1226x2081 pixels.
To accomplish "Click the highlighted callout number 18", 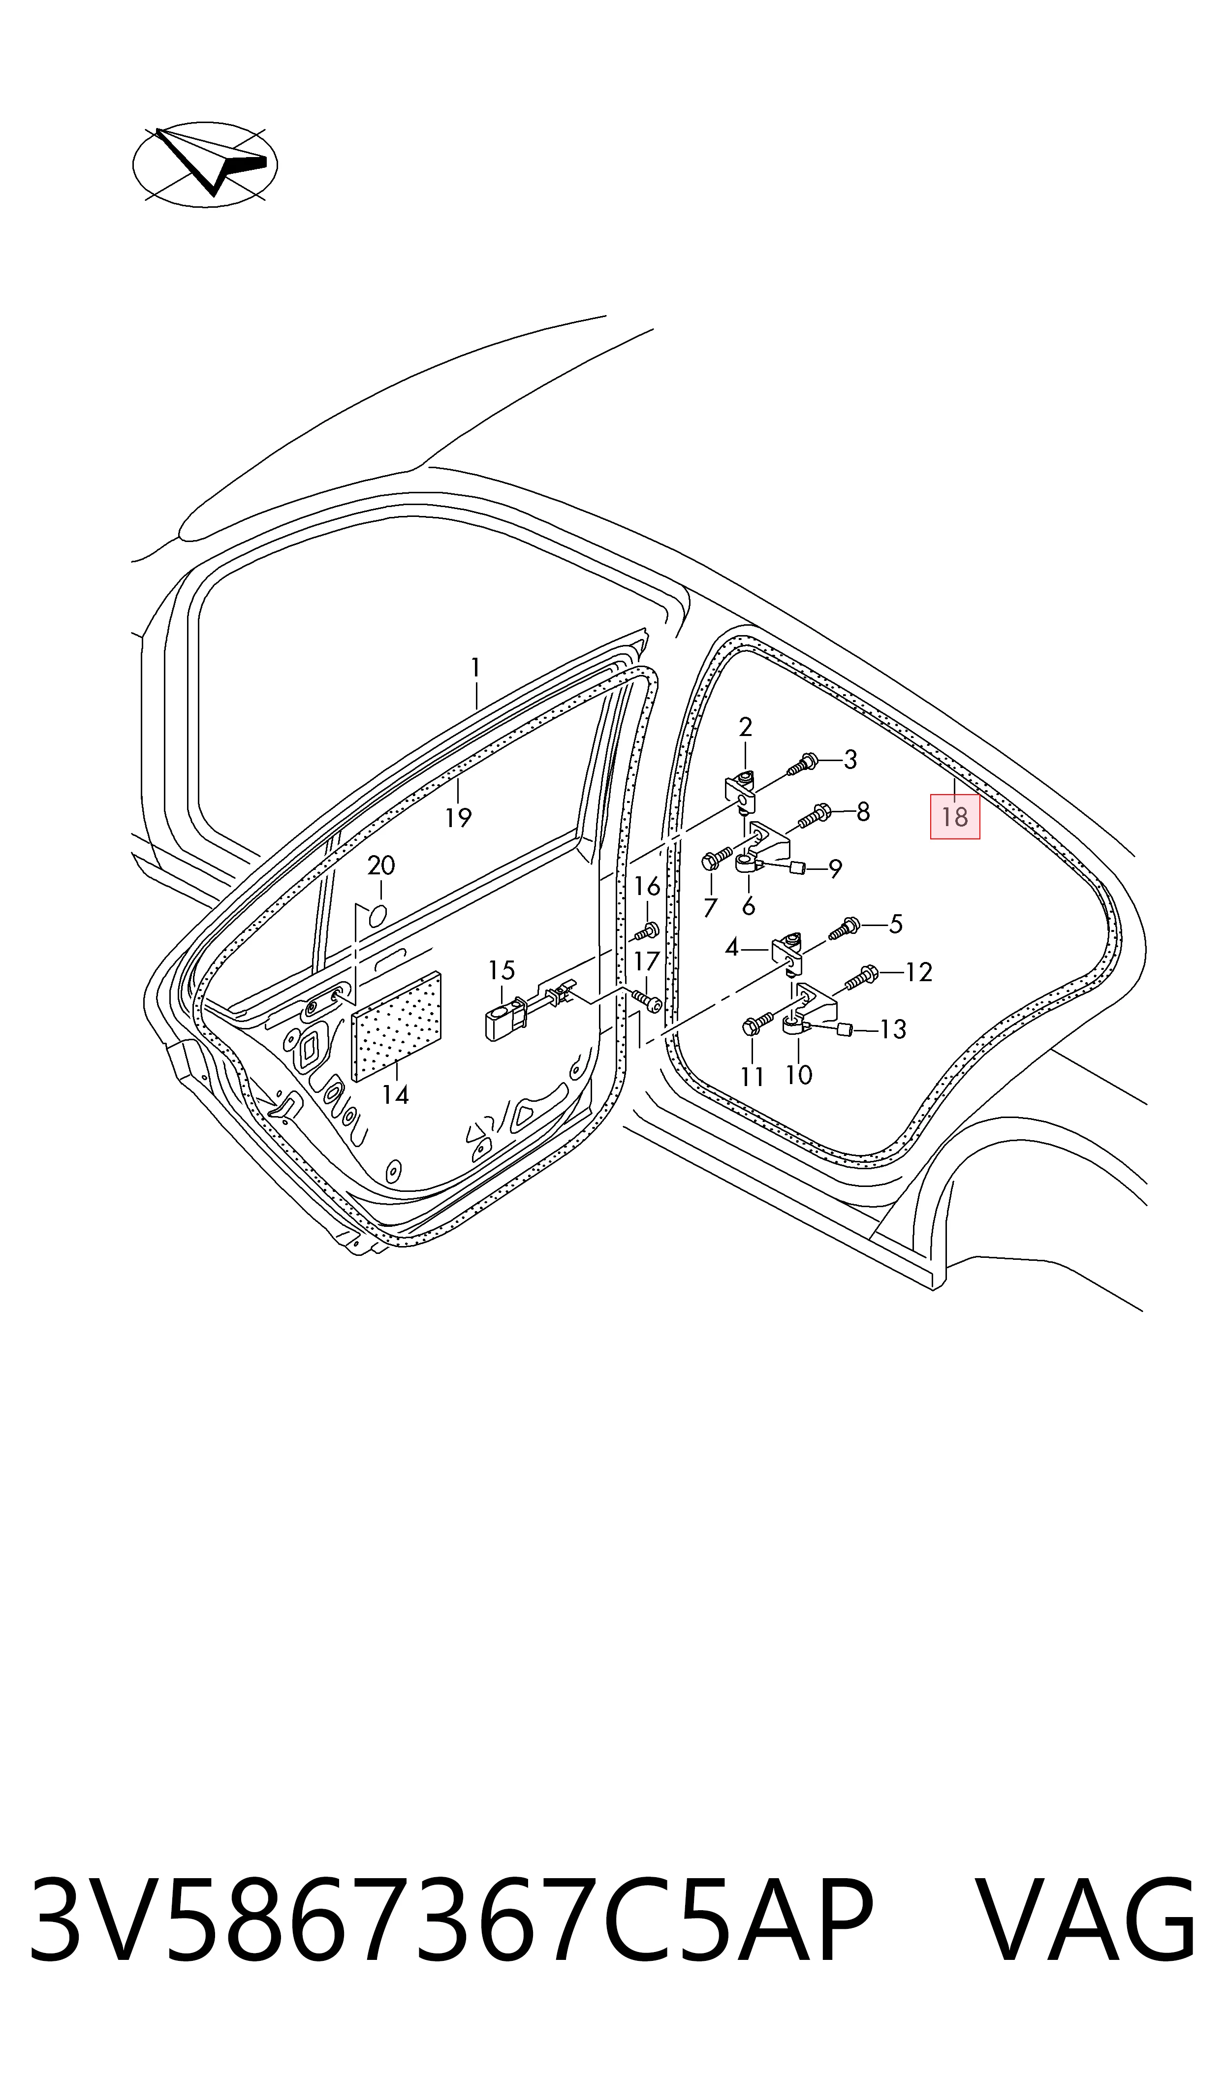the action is tap(954, 817).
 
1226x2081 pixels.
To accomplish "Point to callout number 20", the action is tap(381, 866).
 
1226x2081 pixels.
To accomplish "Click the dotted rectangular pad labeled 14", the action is tap(397, 1026).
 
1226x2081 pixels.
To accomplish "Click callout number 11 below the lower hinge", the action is tap(752, 1076).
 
